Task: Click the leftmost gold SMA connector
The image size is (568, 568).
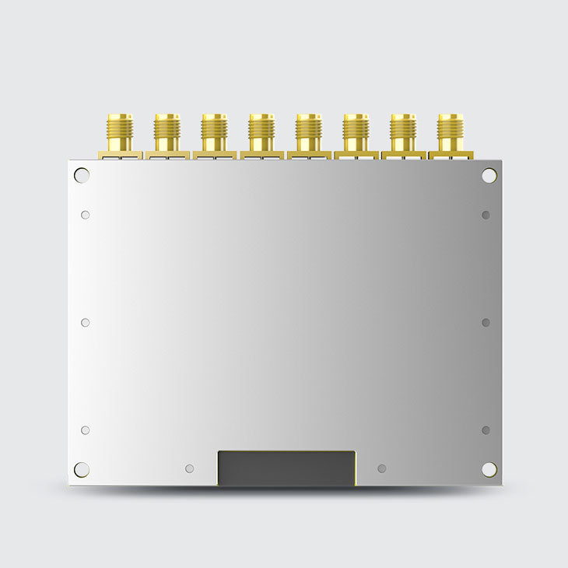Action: point(120,134)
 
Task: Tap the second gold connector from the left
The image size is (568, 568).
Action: point(167,134)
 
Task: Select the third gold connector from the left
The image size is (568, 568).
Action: point(214,134)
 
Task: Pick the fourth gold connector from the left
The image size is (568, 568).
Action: point(261,134)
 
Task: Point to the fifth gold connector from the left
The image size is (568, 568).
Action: point(309,134)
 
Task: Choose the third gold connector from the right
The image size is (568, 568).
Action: point(356,134)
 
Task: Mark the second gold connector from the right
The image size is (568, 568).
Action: point(403,134)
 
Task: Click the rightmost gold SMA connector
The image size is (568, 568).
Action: point(450,134)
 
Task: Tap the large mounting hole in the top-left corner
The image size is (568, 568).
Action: point(82,175)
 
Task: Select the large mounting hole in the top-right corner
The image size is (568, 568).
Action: point(489,175)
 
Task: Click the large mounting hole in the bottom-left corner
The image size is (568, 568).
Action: point(82,469)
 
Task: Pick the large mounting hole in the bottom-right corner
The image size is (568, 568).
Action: point(489,469)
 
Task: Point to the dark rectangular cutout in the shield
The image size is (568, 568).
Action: point(286,468)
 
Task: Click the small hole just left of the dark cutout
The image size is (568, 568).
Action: point(189,468)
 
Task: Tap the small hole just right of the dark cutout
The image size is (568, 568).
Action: point(381,468)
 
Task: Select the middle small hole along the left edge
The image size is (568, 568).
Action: point(86,322)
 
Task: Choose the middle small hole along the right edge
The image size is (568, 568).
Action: point(486,322)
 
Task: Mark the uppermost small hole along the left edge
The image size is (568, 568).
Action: point(86,215)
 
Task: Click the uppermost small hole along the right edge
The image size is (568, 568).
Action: point(486,215)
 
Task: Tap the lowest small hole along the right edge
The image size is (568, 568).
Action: point(486,430)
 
